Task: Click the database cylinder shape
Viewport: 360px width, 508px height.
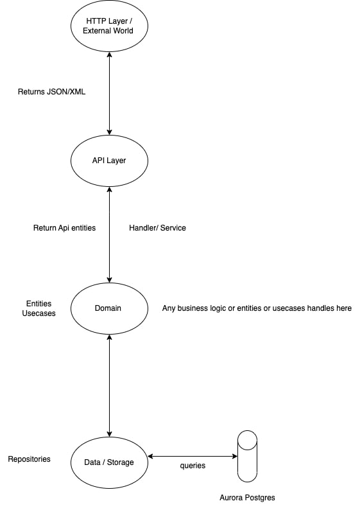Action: pos(247,456)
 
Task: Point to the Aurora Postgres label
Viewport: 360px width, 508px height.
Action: pos(247,498)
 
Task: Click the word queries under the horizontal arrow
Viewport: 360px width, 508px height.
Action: pos(193,466)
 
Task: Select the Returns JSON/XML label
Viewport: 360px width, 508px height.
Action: pos(51,92)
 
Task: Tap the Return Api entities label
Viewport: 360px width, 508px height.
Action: pos(64,228)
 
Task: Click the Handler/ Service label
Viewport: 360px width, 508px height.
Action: pos(157,228)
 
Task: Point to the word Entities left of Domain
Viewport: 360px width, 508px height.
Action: pos(39,304)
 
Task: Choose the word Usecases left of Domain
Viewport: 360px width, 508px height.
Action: pos(39,313)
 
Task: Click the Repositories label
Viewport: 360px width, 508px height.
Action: pos(29,459)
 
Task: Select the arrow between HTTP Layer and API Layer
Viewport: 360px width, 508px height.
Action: pos(110,93)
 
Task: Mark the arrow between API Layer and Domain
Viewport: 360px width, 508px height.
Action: pos(110,234)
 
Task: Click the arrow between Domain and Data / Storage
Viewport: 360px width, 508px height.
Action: pos(110,385)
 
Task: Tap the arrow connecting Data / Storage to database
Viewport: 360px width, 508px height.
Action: pos(193,457)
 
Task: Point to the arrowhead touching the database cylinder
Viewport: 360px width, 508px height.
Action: pos(235,457)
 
